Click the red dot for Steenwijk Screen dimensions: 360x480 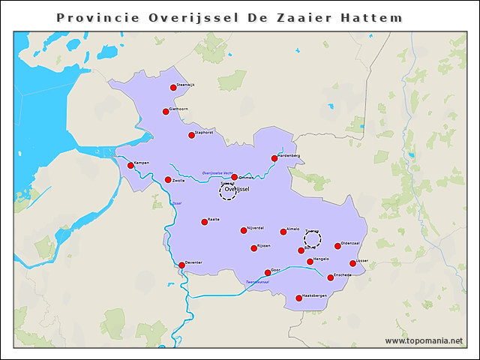[173, 88]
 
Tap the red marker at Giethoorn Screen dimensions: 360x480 [166, 112]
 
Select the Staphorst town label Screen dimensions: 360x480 [204, 133]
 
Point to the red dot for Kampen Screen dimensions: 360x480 [130, 166]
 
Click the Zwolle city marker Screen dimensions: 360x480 [168, 180]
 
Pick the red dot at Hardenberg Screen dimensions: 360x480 [274, 158]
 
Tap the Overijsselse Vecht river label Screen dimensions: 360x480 [217, 173]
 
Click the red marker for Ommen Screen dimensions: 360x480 [234, 178]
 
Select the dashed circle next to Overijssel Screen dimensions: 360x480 [228, 192]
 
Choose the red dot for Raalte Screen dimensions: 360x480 [204, 222]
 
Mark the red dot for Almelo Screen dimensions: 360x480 [283, 232]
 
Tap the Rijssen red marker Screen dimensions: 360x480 [253, 248]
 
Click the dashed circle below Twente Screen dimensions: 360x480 [313, 240]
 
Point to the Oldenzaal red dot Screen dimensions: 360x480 [337, 246]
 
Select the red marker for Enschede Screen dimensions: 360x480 [330, 277]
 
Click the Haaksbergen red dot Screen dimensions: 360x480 [298, 298]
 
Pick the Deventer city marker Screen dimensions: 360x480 [181, 265]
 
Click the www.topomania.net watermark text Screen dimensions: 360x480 [424, 340]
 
